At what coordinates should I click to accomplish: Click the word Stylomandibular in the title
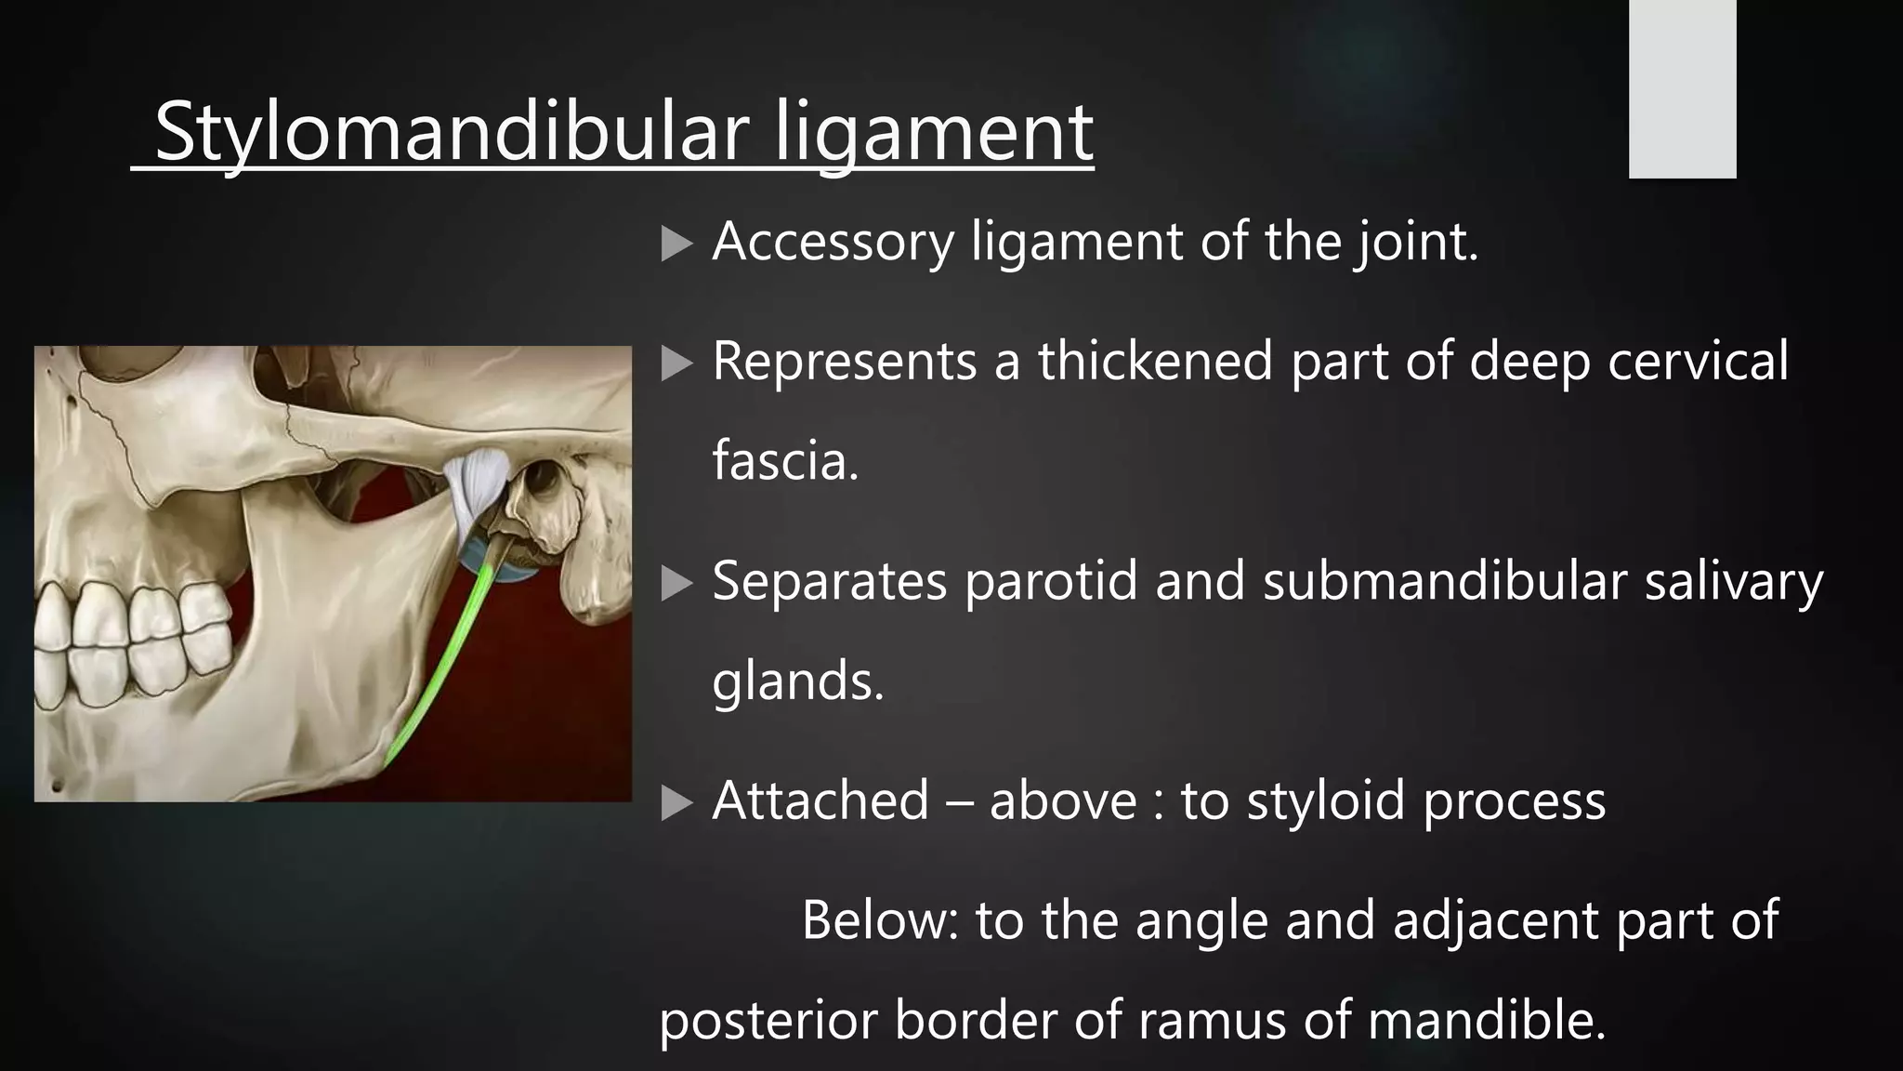point(451,133)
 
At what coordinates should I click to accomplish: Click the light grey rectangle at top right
point(1682,88)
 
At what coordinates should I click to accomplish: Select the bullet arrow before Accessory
point(676,245)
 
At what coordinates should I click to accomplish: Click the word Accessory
point(833,242)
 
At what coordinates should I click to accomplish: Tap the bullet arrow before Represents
point(676,364)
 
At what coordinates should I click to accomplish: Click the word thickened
point(1155,361)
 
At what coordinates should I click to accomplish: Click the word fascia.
point(785,460)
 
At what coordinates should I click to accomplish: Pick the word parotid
point(1050,581)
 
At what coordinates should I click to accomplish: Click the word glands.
point(797,681)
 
